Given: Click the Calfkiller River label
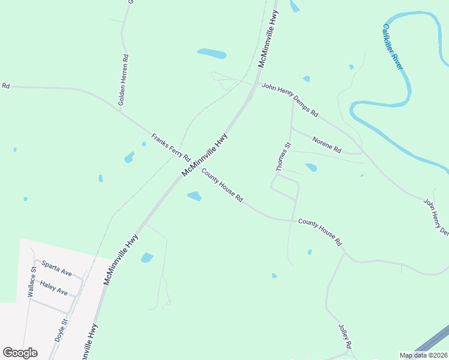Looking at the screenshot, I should click(393, 47).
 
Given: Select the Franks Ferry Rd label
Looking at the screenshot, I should click(170, 146).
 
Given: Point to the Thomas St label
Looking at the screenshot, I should click(283, 157).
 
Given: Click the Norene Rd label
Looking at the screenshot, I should click(327, 144).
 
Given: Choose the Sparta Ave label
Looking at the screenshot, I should click(56, 269).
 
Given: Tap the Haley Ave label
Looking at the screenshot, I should click(53, 287).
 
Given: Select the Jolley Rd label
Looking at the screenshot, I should click(345, 337).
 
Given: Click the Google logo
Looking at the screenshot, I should click(20, 353).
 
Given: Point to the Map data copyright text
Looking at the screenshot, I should click(424, 355).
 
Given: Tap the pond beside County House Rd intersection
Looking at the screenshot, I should click(194, 196).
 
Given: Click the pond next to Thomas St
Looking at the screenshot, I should click(311, 167).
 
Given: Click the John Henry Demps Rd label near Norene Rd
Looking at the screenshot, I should click(289, 100).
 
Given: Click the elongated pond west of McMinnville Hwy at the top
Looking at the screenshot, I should click(212, 54).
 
